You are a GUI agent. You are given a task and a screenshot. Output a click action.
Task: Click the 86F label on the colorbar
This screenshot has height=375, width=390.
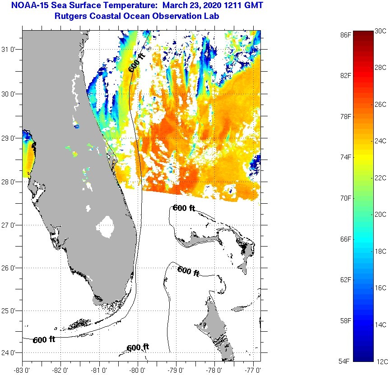coord(346,35)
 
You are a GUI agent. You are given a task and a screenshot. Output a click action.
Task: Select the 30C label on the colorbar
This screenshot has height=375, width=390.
coord(381,31)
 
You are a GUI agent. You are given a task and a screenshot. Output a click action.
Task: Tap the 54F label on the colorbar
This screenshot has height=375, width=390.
coord(346,361)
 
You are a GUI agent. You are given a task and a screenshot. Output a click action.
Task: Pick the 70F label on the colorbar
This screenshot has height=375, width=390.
coord(346,198)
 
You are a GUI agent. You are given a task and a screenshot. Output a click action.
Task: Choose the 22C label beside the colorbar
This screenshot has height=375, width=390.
coord(381,178)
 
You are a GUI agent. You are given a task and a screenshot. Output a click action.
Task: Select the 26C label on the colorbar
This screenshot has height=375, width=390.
coord(381,105)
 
